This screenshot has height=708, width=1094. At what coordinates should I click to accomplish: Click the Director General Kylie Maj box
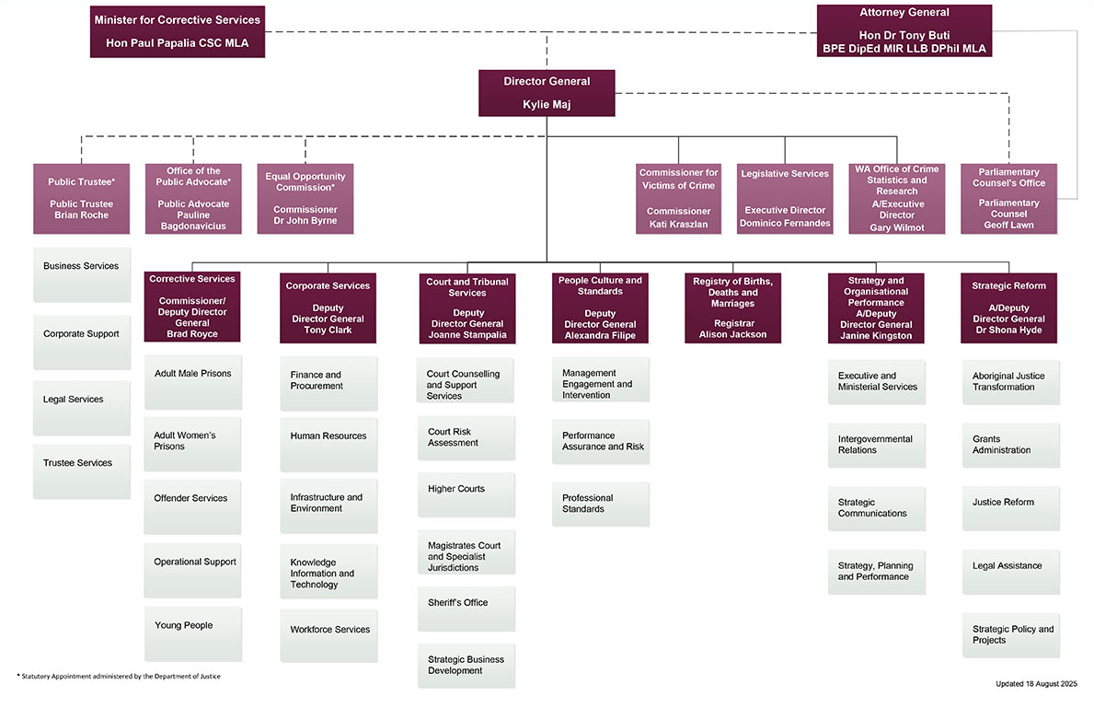(x=547, y=93)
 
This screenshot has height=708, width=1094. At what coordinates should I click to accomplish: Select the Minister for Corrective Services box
(x=178, y=31)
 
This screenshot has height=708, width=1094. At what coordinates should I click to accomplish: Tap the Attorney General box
(x=904, y=30)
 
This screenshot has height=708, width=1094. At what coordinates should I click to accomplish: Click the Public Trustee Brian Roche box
(x=81, y=199)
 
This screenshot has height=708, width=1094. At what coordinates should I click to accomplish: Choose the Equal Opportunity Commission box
(x=305, y=199)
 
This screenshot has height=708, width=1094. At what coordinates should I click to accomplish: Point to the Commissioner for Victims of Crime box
(x=678, y=199)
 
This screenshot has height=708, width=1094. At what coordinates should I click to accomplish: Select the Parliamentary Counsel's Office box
(x=1008, y=199)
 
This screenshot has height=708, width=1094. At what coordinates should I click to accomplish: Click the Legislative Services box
(x=785, y=199)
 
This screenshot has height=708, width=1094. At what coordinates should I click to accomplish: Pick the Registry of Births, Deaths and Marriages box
(x=732, y=308)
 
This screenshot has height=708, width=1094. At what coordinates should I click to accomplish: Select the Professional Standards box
(x=600, y=504)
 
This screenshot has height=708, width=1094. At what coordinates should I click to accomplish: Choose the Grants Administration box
(x=1010, y=445)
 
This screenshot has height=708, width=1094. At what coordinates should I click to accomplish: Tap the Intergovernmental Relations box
(x=876, y=445)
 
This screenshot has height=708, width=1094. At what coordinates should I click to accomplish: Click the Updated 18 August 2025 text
(x=1035, y=684)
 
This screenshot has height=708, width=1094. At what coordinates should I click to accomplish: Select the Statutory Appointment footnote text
(x=120, y=677)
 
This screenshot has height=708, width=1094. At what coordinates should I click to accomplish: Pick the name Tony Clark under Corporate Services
(x=328, y=330)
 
